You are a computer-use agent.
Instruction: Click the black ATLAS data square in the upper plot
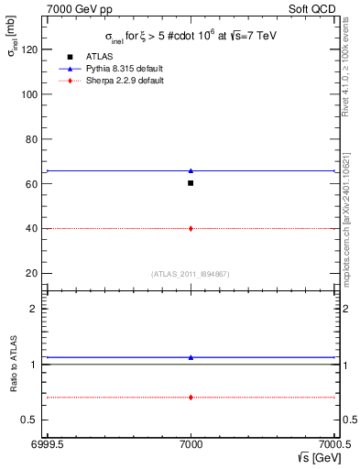click(191, 183)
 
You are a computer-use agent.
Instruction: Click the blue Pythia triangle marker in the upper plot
click(191, 170)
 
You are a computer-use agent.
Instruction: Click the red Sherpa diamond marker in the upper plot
click(191, 228)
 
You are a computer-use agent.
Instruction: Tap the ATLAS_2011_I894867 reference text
click(191, 274)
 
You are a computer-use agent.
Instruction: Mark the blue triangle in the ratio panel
click(191, 357)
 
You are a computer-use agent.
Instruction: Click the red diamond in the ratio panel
click(191, 397)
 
